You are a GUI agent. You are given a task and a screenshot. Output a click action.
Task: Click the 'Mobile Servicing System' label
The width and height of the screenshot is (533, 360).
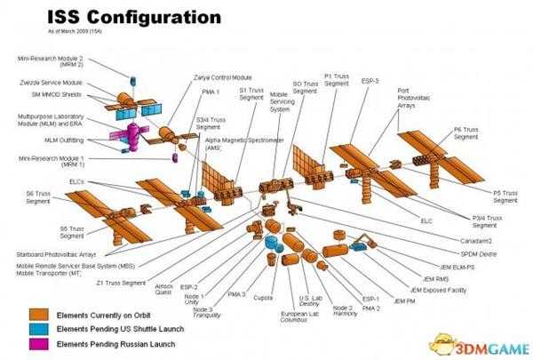(x=281, y=100)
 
